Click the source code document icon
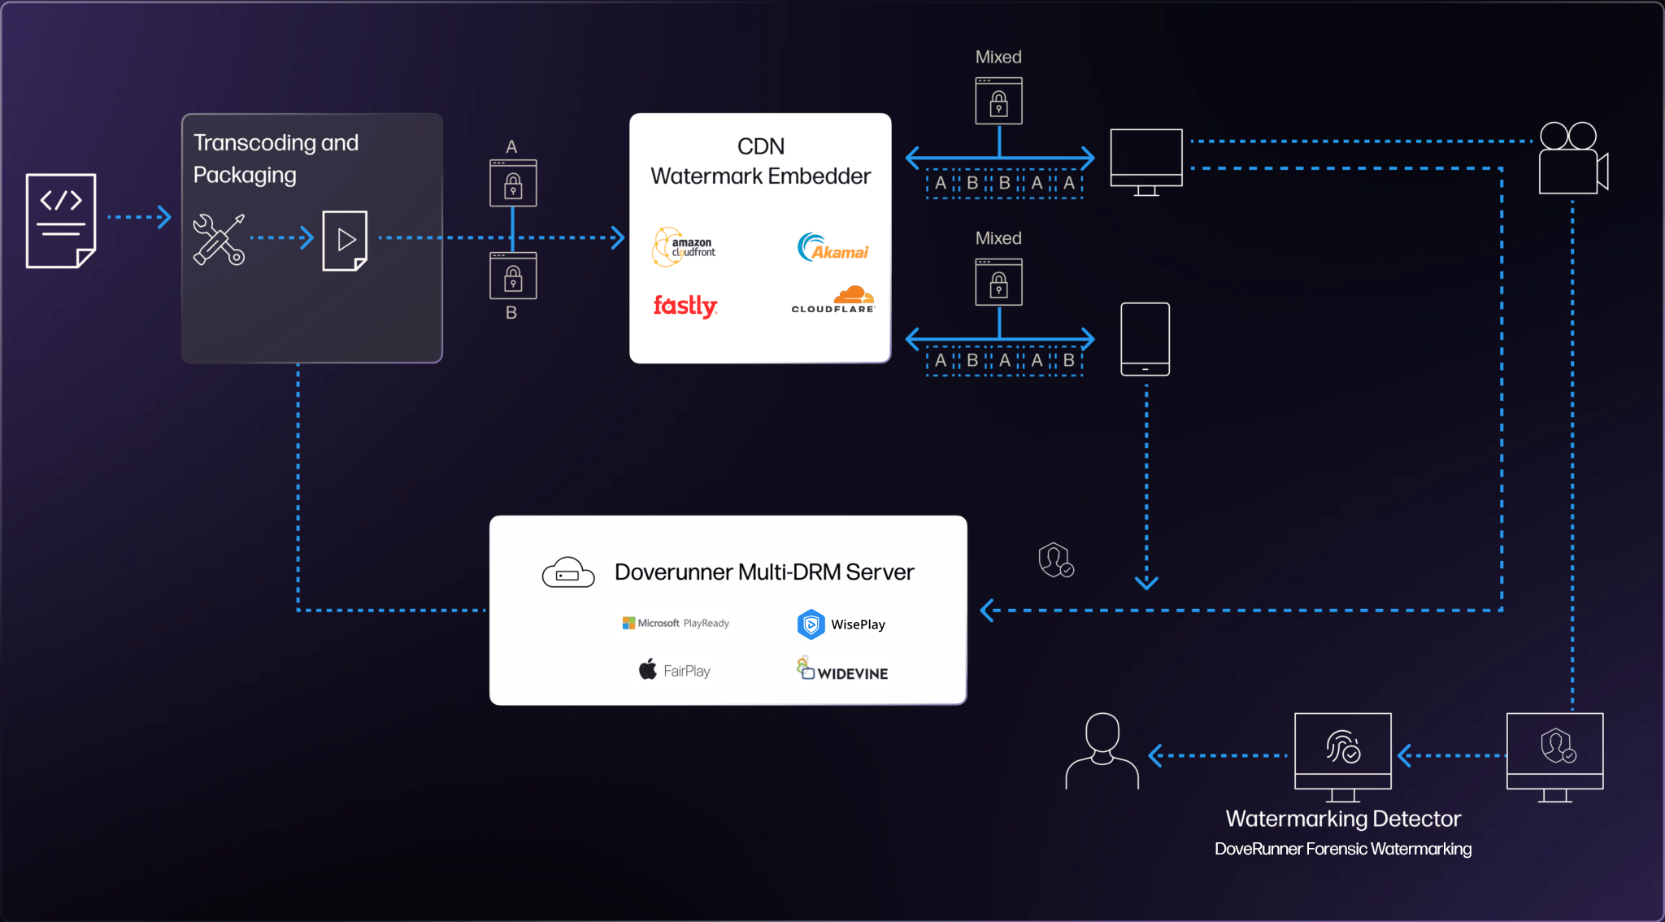[x=61, y=220]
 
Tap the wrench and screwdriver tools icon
[x=218, y=239]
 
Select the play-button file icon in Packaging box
[x=345, y=241]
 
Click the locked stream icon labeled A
[x=513, y=183]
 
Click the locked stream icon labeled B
[x=513, y=276]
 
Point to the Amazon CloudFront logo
[x=685, y=247]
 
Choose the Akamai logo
[x=832, y=247]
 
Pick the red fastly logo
[x=685, y=306]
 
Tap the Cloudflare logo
[x=833, y=299]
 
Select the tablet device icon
[x=1145, y=339]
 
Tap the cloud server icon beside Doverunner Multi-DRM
[x=568, y=572]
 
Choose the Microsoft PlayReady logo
[x=676, y=624]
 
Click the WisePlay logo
[x=841, y=624]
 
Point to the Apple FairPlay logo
[x=675, y=670]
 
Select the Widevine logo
[x=842, y=669]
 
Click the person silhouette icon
[x=1102, y=750]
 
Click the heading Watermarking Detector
[x=1343, y=819]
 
